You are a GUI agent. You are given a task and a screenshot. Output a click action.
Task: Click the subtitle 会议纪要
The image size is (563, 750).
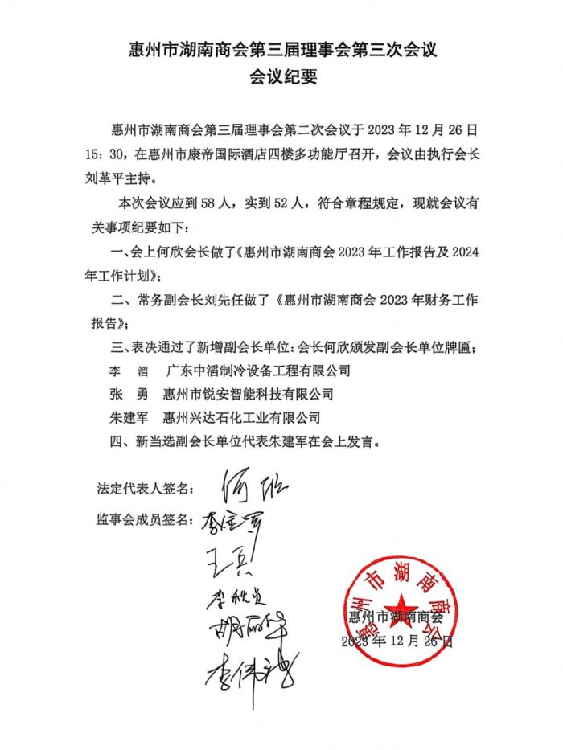click(281, 78)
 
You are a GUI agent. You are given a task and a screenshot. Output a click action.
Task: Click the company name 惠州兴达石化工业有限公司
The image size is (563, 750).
click(241, 417)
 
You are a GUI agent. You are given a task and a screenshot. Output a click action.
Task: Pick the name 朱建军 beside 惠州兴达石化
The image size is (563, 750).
click(125, 417)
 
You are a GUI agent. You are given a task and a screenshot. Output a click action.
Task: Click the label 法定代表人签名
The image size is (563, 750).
click(146, 488)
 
